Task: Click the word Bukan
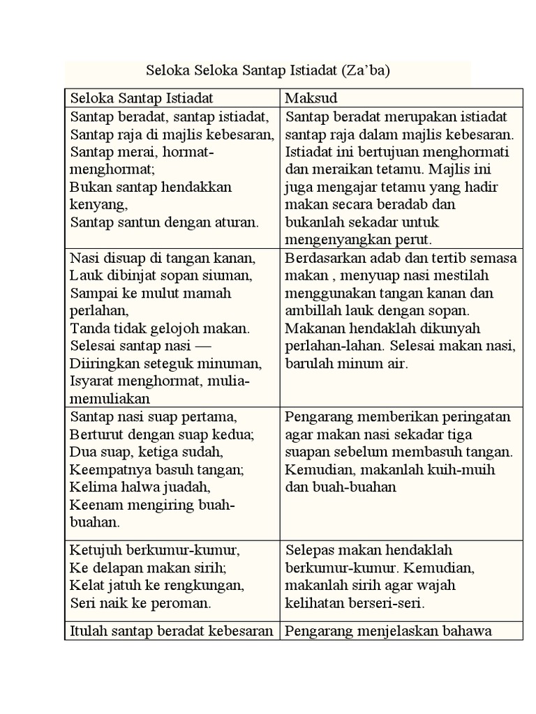tap(89, 187)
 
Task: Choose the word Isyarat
tap(93, 381)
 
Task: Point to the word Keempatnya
tap(107, 469)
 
